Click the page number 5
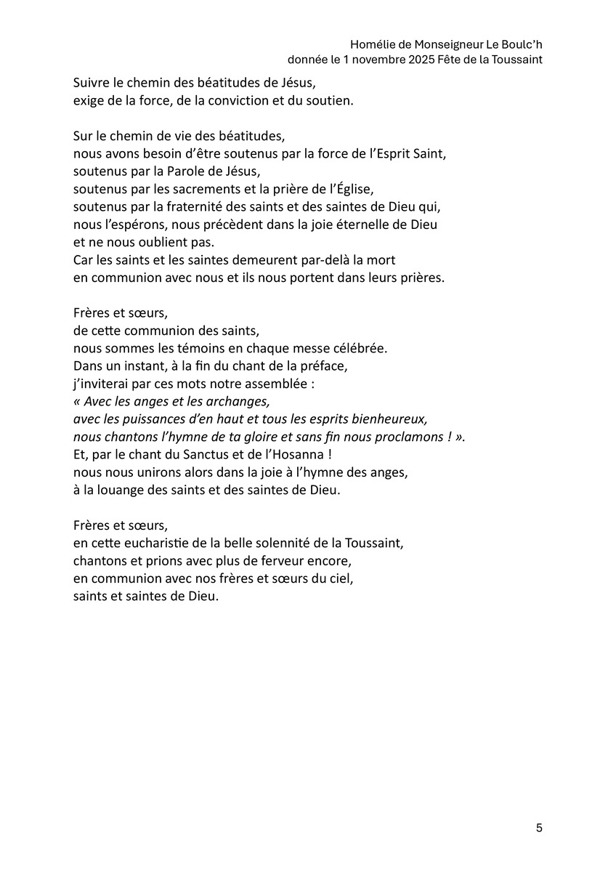[x=539, y=828]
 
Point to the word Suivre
[x=91, y=83]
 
